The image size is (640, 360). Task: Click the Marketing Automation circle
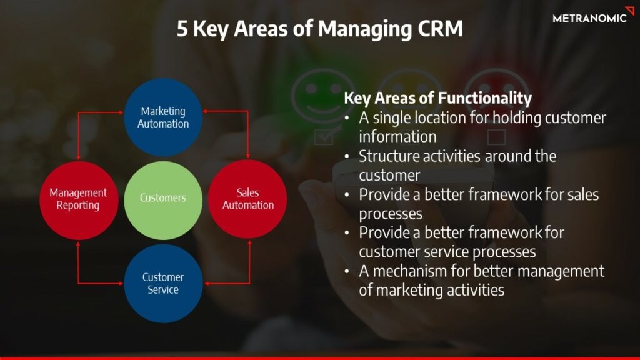[163, 117]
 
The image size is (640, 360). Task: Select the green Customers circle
[163, 198]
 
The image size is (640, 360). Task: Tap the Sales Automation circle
[247, 199]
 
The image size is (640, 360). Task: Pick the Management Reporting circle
[78, 199]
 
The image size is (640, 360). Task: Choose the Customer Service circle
[163, 283]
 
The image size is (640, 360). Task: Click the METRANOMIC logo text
[589, 18]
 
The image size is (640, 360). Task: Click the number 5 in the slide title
[182, 29]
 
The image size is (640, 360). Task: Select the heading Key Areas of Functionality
[437, 98]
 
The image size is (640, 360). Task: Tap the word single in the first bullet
[391, 117]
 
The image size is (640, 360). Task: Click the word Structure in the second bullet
[387, 156]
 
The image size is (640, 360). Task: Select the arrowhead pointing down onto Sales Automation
[248, 156]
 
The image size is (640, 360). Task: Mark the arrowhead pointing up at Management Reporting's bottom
[78, 242]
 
